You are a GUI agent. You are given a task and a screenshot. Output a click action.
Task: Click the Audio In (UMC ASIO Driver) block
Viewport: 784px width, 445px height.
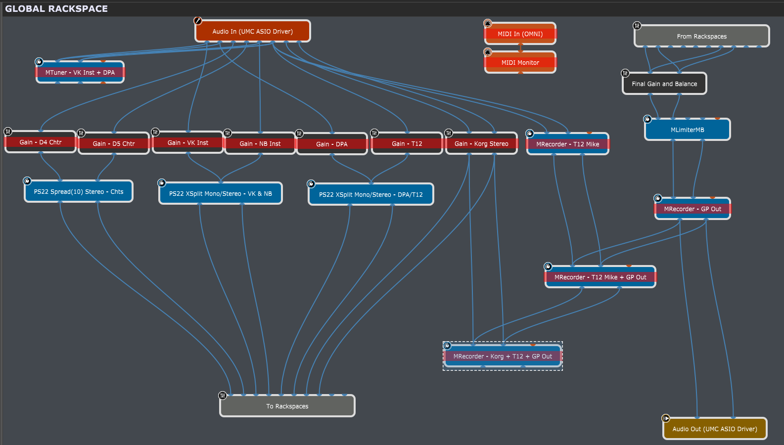(x=252, y=32)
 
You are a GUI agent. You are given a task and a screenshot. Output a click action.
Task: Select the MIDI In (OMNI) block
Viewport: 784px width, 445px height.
(x=520, y=34)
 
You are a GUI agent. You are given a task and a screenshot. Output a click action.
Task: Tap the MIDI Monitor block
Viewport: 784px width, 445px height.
(x=520, y=63)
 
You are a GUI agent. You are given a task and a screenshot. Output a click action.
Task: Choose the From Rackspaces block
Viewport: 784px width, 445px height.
(x=701, y=37)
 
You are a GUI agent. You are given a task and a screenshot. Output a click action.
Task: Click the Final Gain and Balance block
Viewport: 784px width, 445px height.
(x=664, y=84)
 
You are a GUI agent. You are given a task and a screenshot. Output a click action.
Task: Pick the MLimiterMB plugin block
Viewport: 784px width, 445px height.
(x=687, y=130)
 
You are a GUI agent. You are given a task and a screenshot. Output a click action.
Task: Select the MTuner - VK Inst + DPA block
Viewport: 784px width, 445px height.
(x=80, y=73)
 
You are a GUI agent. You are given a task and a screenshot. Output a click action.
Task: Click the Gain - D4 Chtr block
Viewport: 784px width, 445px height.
(x=41, y=142)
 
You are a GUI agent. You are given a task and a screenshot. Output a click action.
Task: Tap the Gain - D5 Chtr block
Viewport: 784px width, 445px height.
(x=114, y=144)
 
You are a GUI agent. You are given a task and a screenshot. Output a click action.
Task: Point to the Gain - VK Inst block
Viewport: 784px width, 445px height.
(x=188, y=143)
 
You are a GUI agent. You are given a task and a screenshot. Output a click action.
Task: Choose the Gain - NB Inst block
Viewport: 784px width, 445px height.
(x=260, y=144)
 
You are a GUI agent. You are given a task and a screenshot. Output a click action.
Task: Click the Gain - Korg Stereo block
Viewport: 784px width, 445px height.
(x=481, y=144)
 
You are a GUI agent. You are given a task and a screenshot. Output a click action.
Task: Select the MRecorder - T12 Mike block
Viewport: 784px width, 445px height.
(x=567, y=144)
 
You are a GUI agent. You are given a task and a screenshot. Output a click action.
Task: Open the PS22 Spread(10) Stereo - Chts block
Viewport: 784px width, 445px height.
(x=79, y=192)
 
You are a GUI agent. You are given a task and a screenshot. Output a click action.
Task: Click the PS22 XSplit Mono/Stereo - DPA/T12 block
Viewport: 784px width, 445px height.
(x=370, y=195)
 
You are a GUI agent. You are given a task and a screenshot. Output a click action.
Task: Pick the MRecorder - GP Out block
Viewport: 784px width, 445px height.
(x=692, y=209)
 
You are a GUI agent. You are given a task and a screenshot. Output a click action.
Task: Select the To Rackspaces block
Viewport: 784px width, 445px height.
(x=287, y=406)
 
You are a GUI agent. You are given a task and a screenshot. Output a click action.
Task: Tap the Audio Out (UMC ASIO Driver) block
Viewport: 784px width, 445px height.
(x=714, y=429)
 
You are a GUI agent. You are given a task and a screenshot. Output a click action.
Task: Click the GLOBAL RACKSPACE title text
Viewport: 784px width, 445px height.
(x=56, y=9)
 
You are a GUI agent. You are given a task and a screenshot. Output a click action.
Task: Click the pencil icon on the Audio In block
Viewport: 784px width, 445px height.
(x=198, y=21)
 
